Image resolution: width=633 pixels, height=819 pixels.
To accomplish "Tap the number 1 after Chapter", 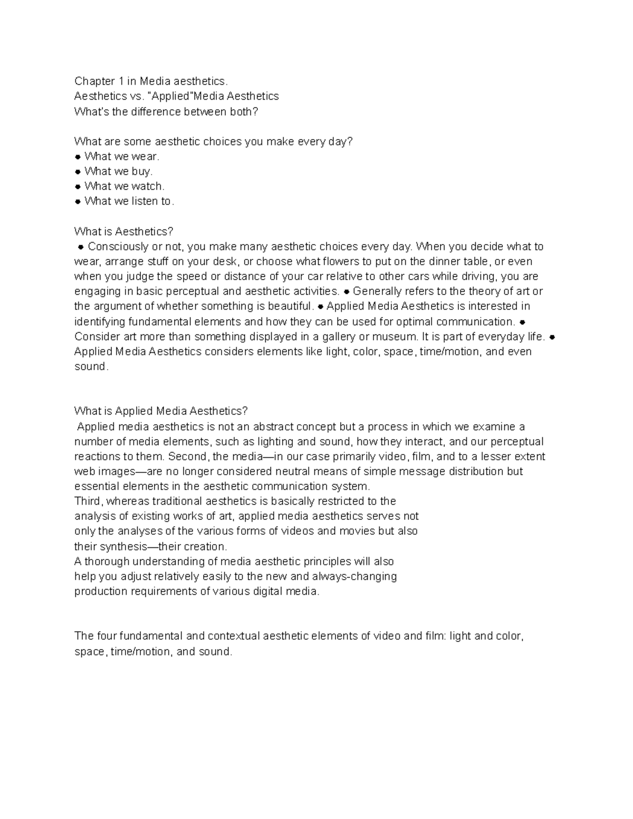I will click(121, 81).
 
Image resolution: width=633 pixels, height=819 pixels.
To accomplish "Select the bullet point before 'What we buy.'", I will click(78, 171).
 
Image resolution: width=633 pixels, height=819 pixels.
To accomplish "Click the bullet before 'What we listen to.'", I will click(78, 201).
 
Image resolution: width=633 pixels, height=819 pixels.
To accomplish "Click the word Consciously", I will click(118, 247).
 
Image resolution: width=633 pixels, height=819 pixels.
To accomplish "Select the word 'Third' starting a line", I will click(88, 501).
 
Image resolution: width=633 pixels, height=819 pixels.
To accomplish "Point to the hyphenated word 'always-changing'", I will click(354, 576).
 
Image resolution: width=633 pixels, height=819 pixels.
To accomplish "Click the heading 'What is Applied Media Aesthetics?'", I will click(161, 411).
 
